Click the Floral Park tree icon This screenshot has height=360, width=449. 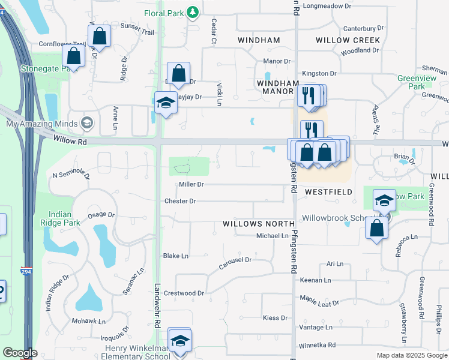click(x=192, y=13)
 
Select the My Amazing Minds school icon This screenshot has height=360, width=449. click(x=88, y=124)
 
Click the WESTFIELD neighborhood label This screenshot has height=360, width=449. click(x=328, y=192)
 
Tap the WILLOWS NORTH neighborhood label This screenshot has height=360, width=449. click(x=252, y=223)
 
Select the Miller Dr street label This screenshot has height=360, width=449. click(x=191, y=185)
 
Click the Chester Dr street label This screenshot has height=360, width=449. click(x=180, y=201)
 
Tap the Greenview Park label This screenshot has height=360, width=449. click(x=412, y=82)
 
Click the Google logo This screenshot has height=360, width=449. click(x=20, y=353)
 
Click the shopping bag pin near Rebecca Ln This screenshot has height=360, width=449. click(x=376, y=229)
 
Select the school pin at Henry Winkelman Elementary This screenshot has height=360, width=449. click(x=179, y=341)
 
